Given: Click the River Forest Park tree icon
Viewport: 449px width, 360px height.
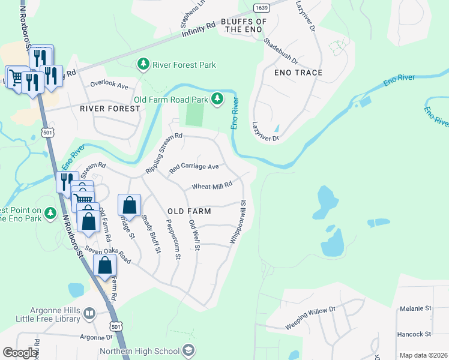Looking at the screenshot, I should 143,64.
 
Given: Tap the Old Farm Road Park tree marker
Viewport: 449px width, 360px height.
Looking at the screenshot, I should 217,100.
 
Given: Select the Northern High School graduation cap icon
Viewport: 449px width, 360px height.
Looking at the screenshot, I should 188,350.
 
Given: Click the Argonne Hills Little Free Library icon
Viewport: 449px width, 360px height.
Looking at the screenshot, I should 89,313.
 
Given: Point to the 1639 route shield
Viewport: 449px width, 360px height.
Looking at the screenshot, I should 261,8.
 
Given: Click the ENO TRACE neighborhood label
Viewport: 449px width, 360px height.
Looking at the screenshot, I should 298,73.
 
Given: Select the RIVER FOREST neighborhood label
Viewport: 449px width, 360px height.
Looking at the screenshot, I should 110,109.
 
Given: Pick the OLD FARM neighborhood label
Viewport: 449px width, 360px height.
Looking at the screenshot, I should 189,211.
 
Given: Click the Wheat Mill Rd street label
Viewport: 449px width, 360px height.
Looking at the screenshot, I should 211,187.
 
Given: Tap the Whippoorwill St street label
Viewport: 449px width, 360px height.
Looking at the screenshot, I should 238,222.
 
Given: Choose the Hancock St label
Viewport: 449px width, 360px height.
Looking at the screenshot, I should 415,334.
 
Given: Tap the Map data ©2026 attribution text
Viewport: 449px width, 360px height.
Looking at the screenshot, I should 424,355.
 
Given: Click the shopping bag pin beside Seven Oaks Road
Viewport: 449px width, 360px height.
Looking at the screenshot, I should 104,265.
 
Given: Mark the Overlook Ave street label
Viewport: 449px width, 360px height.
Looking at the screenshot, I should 109,86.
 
